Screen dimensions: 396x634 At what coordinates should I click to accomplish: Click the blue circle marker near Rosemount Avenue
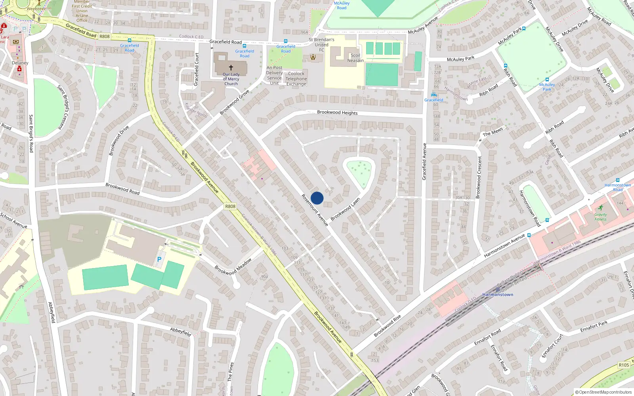click(317, 198)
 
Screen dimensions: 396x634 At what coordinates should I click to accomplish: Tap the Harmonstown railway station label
click(498, 295)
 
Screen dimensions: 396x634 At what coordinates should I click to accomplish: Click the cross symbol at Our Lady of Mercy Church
click(231, 68)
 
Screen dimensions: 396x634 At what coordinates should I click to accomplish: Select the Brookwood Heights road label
click(337, 113)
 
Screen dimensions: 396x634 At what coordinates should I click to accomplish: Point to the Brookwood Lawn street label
click(345, 209)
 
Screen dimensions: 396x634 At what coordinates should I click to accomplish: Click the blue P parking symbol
click(159, 259)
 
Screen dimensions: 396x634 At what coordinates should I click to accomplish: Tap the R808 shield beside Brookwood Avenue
click(230, 206)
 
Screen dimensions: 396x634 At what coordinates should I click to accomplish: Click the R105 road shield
click(624, 365)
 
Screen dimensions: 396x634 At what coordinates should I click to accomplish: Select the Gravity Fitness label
click(600, 217)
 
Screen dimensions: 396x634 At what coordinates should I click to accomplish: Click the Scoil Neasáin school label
click(355, 58)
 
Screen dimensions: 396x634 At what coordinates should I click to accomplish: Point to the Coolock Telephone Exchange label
click(296, 79)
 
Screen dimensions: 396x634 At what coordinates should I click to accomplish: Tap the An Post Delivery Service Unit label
click(274, 75)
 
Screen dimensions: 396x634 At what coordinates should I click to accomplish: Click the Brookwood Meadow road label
click(233, 267)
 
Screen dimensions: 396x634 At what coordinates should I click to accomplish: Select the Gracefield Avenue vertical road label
click(424, 162)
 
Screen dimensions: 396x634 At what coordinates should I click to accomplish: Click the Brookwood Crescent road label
click(479, 177)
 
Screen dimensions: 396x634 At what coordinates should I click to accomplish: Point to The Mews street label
click(493, 132)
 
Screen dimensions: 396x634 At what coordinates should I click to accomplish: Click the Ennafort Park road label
click(594, 327)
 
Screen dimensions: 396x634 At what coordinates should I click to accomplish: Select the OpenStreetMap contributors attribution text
click(603, 392)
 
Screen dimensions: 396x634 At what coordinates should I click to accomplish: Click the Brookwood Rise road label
click(388, 326)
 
